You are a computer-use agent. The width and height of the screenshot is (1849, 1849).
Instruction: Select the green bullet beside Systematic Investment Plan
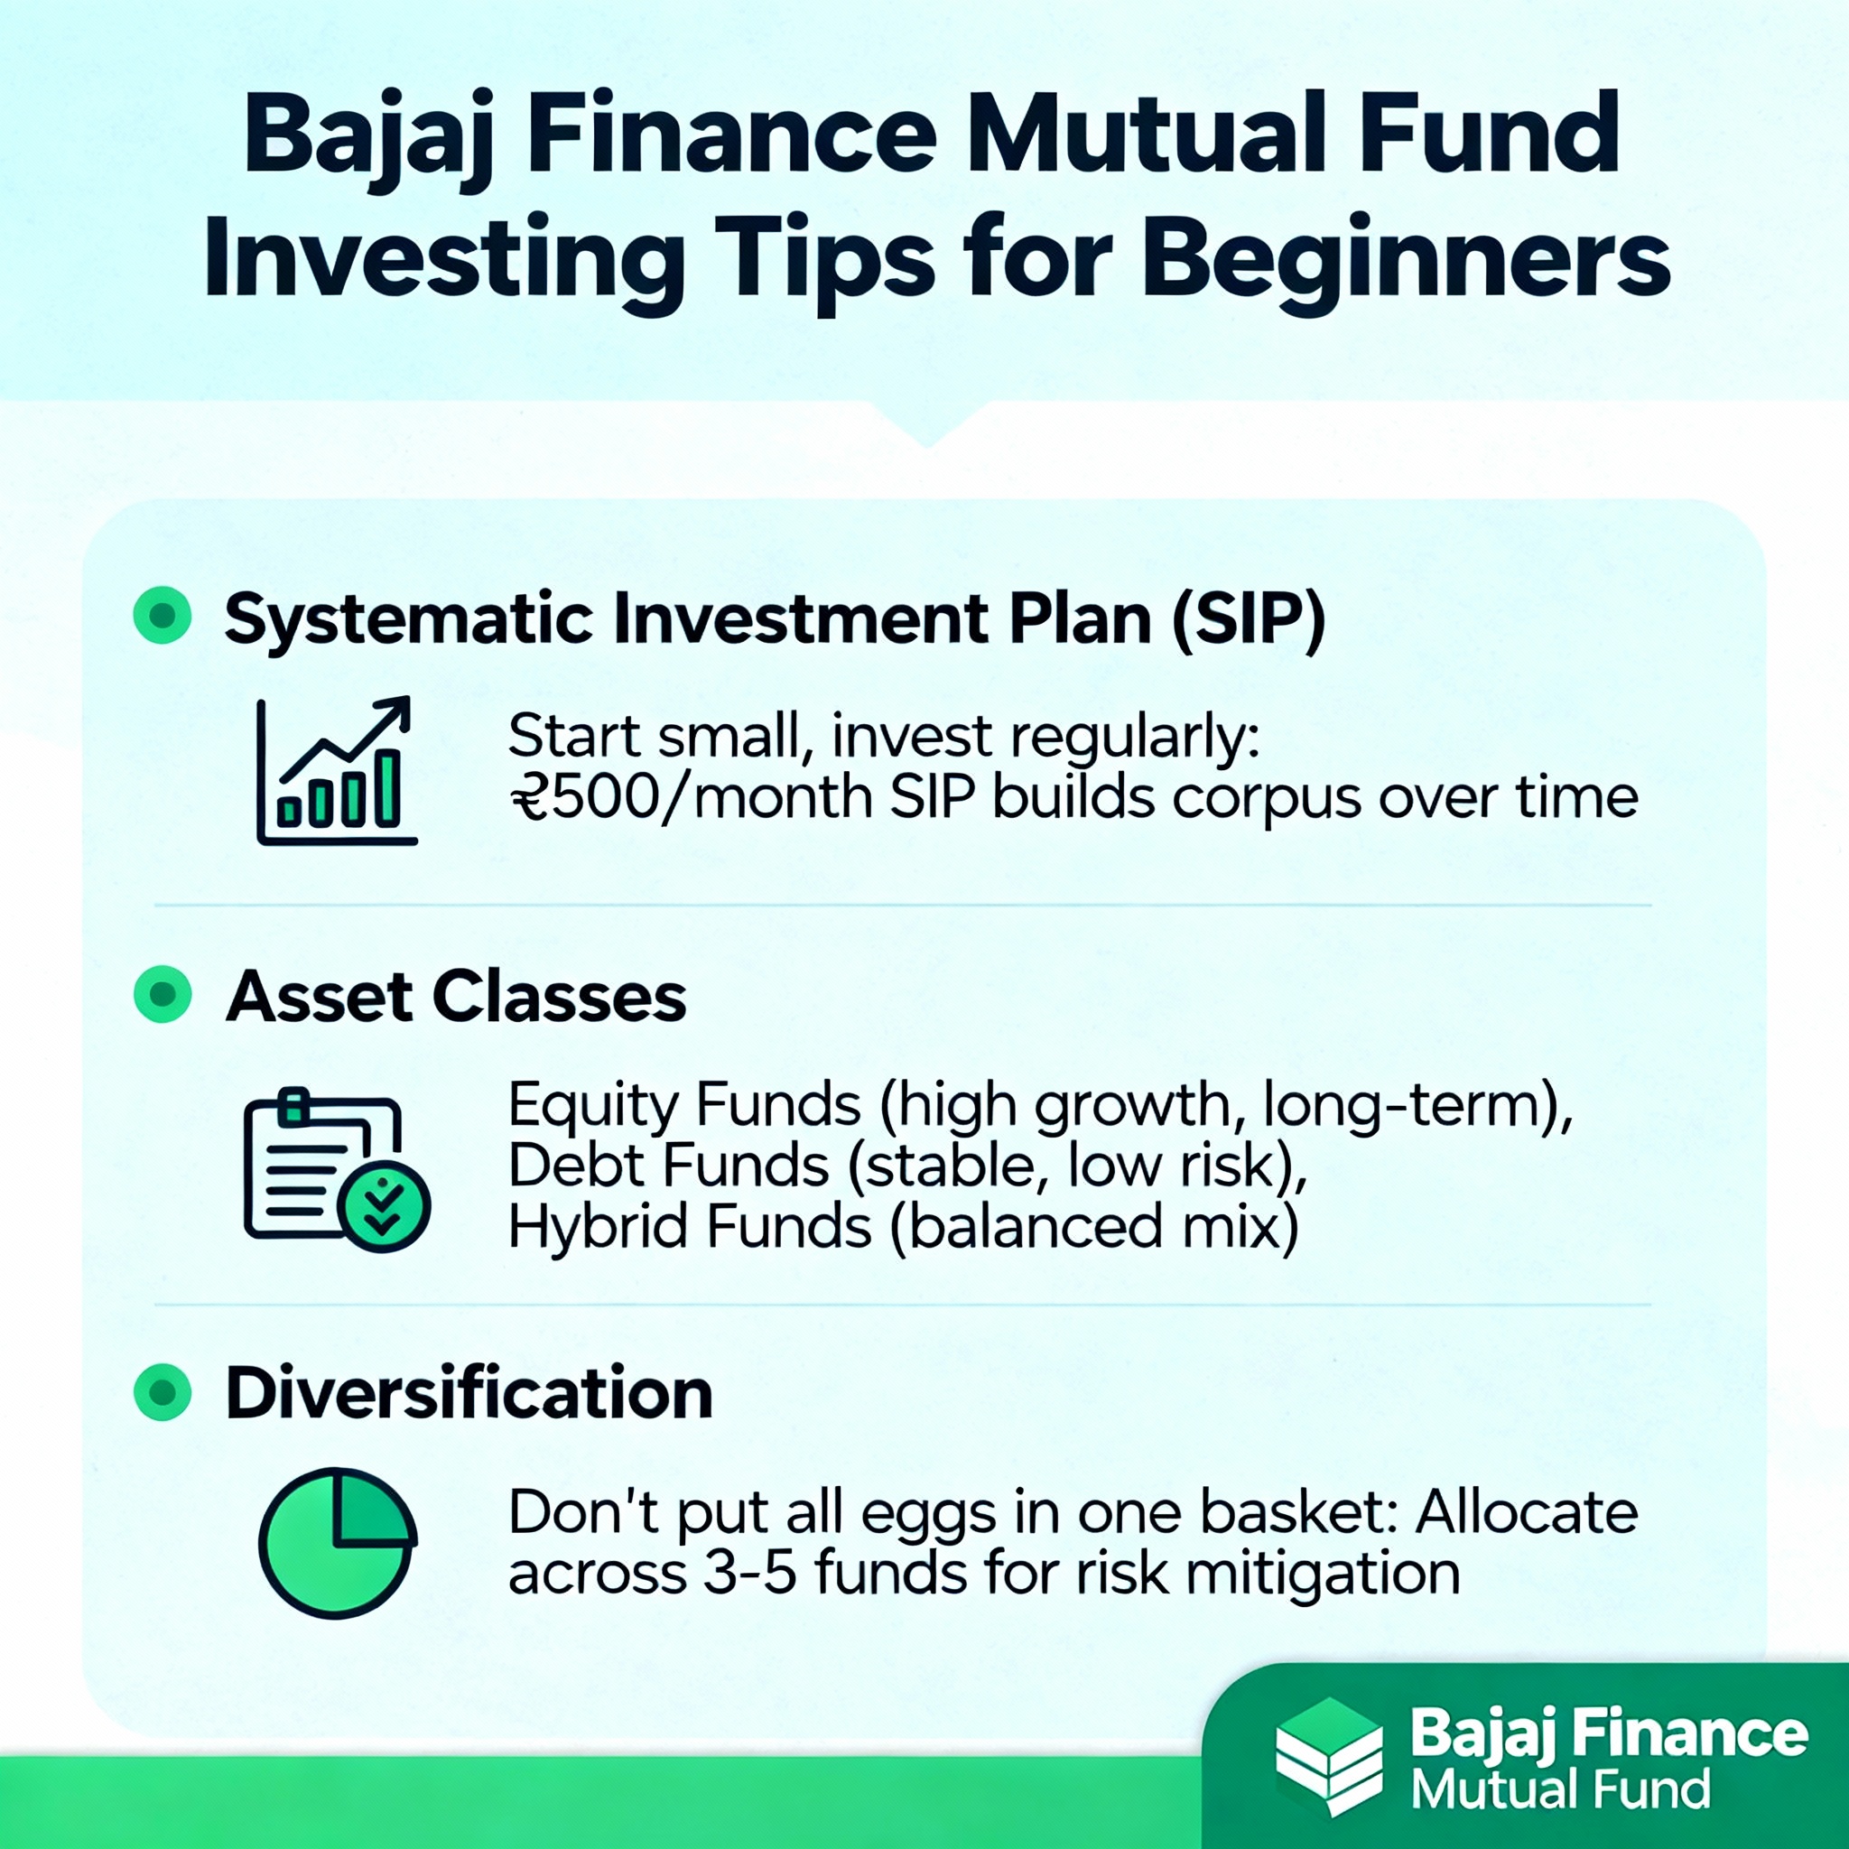pyautogui.click(x=163, y=615)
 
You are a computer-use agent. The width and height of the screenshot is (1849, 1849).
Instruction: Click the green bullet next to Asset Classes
pyautogui.click(x=163, y=994)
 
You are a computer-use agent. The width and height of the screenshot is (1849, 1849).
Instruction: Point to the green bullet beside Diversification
pyautogui.click(x=163, y=1391)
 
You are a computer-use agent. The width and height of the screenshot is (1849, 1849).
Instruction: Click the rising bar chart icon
pyautogui.click(x=337, y=771)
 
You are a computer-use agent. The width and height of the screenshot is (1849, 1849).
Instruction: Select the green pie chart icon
pyautogui.click(x=338, y=1543)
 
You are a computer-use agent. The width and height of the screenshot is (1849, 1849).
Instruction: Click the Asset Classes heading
pyautogui.click(x=457, y=998)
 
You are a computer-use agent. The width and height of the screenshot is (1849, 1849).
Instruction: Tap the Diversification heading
pyautogui.click(x=469, y=1393)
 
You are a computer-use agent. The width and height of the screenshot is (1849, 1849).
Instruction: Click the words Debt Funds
pyautogui.click(x=668, y=1166)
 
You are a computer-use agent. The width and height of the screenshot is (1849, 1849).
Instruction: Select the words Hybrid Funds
pyautogui.click(x=690, y=1227)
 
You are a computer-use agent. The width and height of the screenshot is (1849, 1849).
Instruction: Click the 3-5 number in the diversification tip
pyautogui.click(x=749, y=1574)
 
